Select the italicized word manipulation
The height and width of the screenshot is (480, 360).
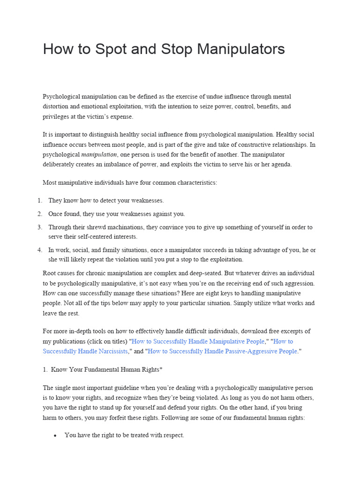[99, 154]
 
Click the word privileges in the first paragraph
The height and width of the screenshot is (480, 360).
[56, 117]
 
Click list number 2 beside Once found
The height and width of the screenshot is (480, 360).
[40, 214]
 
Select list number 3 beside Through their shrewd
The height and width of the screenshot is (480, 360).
[40, 227]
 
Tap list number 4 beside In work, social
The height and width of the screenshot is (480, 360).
[40, 250]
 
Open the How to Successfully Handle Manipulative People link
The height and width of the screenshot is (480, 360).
[198, 341]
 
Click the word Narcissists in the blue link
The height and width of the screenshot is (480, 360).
[107, 351]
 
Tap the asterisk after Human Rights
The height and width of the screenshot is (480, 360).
[161, 369]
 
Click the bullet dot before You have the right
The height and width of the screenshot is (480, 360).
[55, 435]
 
